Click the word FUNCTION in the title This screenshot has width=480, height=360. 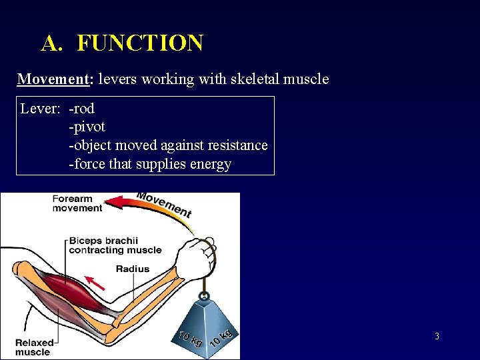coord(140,43)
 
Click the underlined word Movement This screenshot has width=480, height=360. coord(53,79)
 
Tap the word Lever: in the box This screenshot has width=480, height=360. coord(41,109)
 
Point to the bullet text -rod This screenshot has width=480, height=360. coord(82,109)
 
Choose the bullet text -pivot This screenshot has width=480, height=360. coord(87,127)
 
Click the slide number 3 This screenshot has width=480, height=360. coord(437,337)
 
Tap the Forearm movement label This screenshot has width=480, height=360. coord(77,203)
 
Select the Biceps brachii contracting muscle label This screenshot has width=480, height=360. coord(115,245)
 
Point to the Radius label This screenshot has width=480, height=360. coord(132,269)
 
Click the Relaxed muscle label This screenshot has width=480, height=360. coord(33,347)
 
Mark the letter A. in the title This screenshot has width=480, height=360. coord(52,43)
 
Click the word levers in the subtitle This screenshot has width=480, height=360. coord(118,79)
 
